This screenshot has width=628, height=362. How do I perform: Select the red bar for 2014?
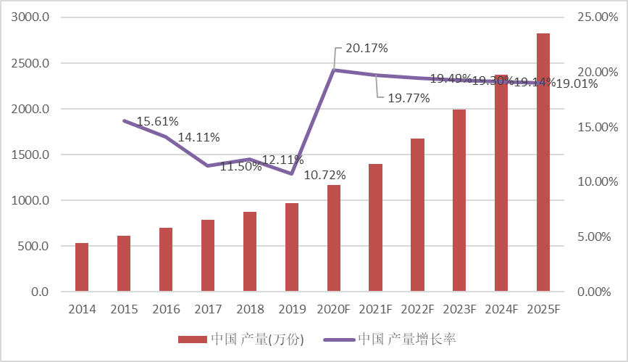pos(82,268)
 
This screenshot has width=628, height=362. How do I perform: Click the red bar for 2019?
pos(291,247)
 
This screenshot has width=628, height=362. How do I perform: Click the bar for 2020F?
pos(333,239)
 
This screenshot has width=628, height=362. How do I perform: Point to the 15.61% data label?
pos(157,121)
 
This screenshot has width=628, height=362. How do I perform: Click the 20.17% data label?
pos(367,49)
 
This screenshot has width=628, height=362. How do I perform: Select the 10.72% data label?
pos(325,175)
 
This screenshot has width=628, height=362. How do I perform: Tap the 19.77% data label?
pos(409,98)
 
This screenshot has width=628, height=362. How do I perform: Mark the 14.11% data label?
pos(198,137)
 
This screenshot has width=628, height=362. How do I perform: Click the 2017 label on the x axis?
pos(208,310)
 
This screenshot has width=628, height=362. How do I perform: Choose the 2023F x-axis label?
pos(459,310)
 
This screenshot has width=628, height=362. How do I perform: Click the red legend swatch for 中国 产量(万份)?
pos(193,340)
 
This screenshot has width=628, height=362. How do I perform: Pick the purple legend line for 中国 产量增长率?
pos(338,340)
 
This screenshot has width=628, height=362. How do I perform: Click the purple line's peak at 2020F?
pos(333,70)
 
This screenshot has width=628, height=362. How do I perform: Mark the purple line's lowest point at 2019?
pos(291,173)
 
